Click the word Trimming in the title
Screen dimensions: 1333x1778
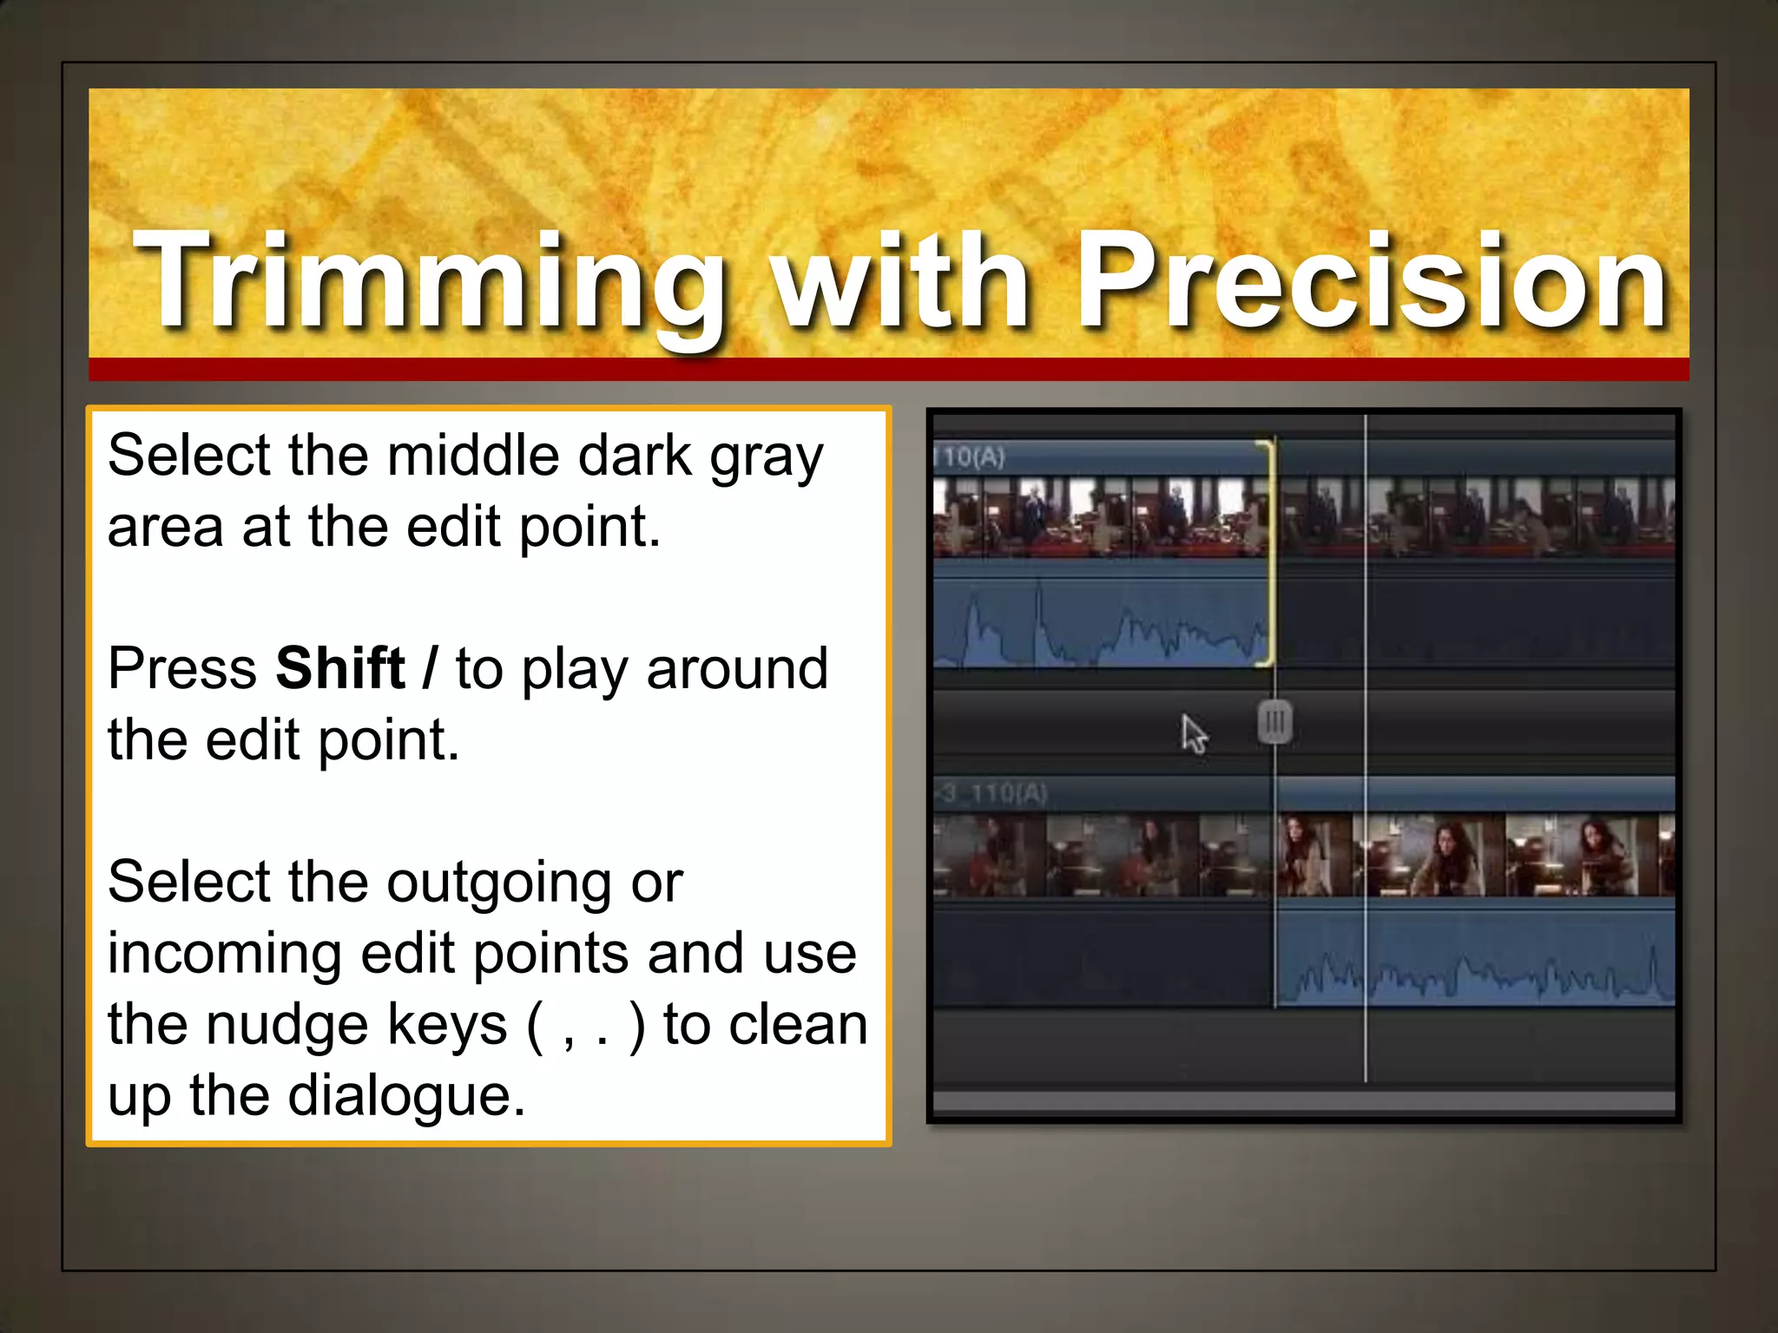pos(430,282)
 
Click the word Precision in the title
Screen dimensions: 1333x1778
pos(1372,282)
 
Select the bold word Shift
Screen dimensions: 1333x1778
pos(340,669)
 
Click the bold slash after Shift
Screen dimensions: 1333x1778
pos(429,669)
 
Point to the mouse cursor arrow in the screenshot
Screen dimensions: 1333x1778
pos(1194,734)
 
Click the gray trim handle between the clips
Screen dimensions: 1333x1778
pos(1274,722)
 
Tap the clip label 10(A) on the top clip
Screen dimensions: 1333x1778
pos(972,456)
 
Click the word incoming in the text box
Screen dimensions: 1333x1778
pos(225,954)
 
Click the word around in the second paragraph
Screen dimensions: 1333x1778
pos(737,669)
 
